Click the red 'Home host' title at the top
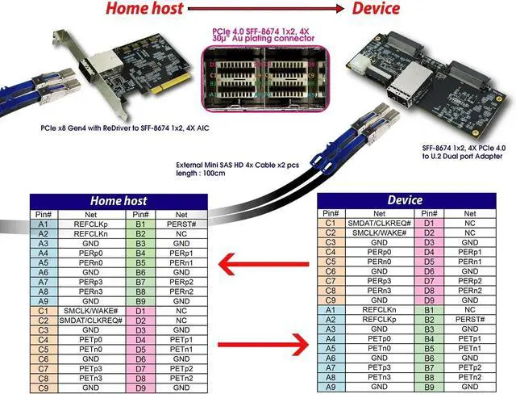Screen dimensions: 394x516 tap(144, 9)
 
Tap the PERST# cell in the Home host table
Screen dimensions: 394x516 tap(181, 223)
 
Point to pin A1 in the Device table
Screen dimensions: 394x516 tap(330, 309)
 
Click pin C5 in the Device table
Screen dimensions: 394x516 tap(330, 262)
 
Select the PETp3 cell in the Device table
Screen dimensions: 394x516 tap(379, 367)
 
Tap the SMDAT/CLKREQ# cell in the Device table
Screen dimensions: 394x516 tap(379, 223)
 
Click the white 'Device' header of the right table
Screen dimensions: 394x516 tap(406, 200)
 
